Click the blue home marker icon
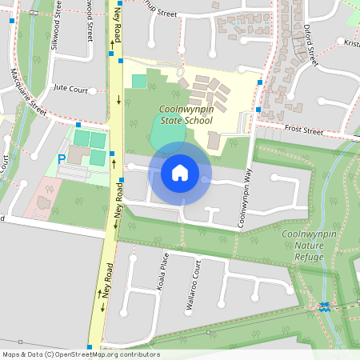tap(180, 172)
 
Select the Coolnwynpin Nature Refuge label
tap(307, 243)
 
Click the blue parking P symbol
tap(62, 160)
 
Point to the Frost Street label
tap(303, 130)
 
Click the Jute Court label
tap(70, 90)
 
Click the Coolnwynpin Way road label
tap(248, 188)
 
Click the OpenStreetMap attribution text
tap(81, 354)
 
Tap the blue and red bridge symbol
tap(324, 305)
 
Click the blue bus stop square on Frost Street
tap(258, 110)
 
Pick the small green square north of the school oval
tap(139, 81)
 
